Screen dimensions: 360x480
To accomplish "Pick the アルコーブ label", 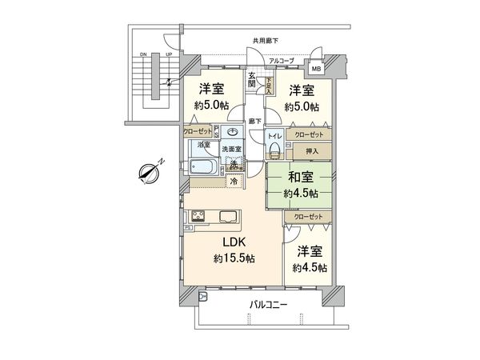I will click(x=281, y=60).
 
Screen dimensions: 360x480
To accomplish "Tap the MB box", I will click(x=318, y=68).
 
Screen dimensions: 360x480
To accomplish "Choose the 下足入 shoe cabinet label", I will click(x=270, y=80).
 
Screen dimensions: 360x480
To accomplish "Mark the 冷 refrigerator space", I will click(x=234, y=182).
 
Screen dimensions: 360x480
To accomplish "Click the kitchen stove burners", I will click(x=198, y=216).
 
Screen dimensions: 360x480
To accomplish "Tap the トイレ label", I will click(x=274, y=136).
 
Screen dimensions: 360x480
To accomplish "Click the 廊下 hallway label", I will click(x=254, y=121).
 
